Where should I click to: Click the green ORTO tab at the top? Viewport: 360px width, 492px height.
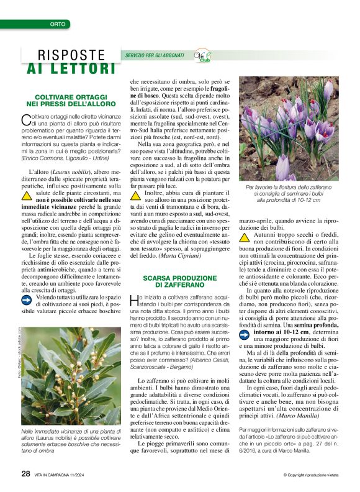(58, 24)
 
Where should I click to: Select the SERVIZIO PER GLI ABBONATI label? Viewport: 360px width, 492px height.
(155, 56)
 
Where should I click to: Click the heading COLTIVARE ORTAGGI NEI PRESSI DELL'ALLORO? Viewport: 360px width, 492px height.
(68, 101)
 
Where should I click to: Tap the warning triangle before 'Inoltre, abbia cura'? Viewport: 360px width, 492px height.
(135, 196)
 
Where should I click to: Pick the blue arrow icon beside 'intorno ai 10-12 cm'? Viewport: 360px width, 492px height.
(245, 333)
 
